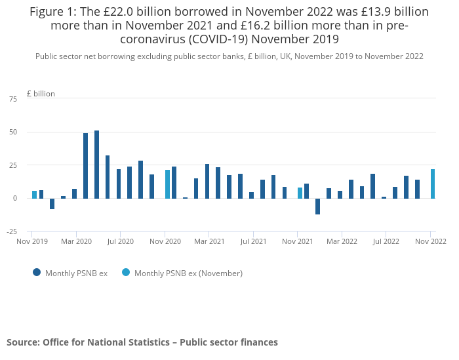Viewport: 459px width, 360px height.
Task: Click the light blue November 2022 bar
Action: point(433,184)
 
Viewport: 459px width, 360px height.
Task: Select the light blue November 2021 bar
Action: point(300,193)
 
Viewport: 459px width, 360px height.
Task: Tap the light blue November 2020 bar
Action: point(167,184)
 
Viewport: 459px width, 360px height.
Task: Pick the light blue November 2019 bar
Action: point(35,195)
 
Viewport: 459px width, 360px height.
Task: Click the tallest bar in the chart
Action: point(96,165)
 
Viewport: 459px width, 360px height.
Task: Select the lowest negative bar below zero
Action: point(317,207)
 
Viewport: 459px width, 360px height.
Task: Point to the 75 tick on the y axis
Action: point(13,99)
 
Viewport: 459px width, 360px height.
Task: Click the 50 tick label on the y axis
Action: point(13,132)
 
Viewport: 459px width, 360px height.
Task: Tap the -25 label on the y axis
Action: point(12,231)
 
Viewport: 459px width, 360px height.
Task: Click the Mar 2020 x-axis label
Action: point(77,241)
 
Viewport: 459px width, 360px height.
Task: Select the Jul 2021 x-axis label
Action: point(253,241)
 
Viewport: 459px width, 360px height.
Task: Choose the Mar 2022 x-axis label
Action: point(342,241)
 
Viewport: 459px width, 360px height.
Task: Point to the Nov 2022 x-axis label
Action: point(431,241)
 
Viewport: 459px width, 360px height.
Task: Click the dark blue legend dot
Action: point(37,273)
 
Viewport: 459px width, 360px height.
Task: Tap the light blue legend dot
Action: point(126,273)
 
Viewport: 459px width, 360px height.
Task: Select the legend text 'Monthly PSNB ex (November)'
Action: point(189,273)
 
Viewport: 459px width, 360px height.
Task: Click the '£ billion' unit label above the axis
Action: point(41,94)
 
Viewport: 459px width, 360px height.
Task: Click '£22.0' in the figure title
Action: point(119,12)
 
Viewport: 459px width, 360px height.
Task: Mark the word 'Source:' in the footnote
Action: point(24,342)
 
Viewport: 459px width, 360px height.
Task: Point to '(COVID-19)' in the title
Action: point(218,39)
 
